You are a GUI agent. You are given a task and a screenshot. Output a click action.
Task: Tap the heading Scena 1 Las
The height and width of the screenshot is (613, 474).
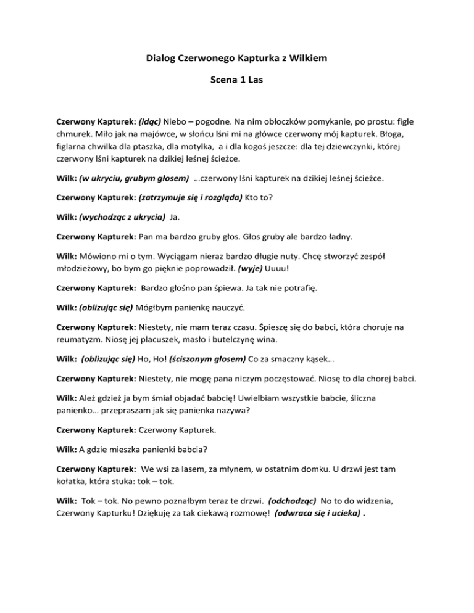(x=237, y=80)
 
